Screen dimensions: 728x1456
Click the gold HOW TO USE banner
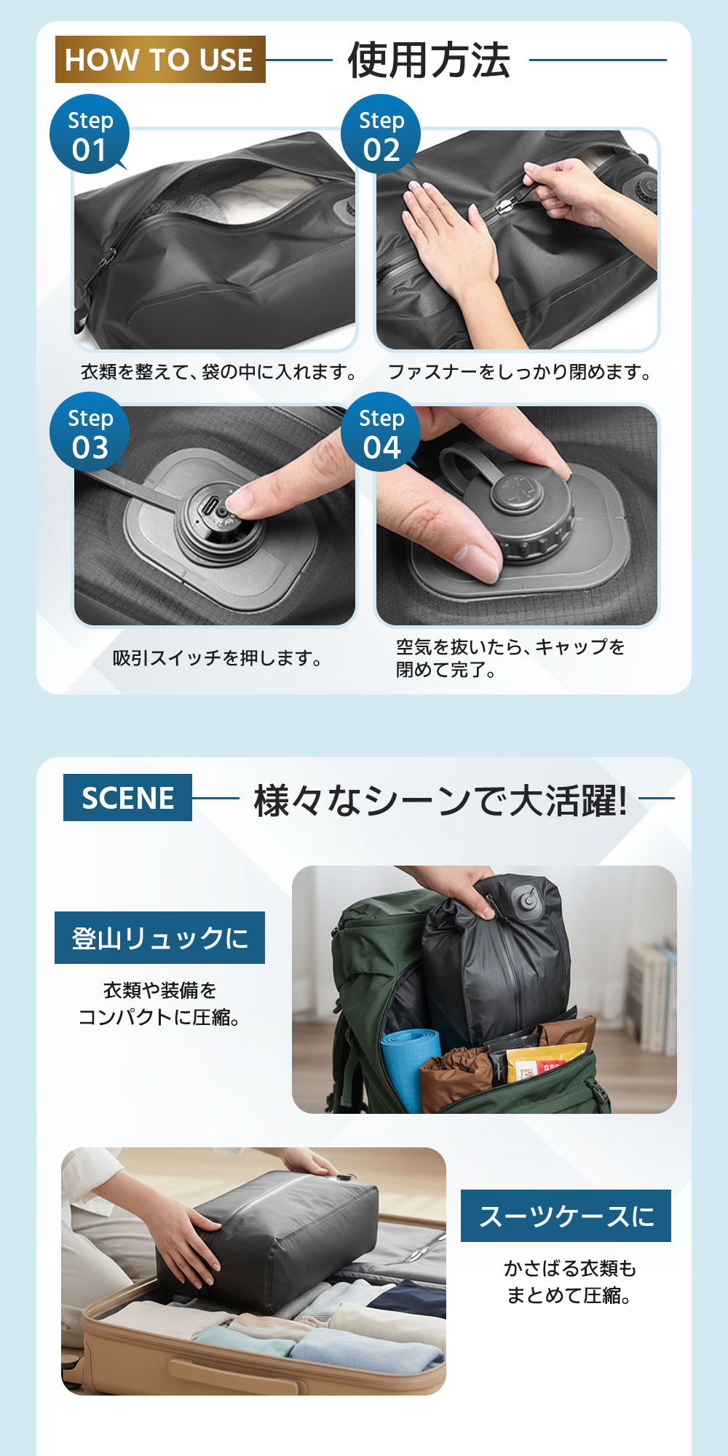click(x=160, y=60)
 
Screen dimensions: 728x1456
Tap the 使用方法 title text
click(x=429, y=60)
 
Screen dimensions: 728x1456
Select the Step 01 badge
click(x=90, y=135)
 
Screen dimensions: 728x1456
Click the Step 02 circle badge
click(x=381, y=135)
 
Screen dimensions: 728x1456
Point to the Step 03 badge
click(x=90, y=432)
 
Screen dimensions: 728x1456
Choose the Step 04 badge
click(x=381, y=432)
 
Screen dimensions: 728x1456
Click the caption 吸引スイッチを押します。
click(x=218, y=659)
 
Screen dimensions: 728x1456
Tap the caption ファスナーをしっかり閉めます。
click(x=520, y=373)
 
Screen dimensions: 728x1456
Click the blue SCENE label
click(x=127, y=798)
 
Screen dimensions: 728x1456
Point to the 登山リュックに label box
click(x=159, y=938)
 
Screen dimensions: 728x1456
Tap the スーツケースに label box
click(x=566, y=1216)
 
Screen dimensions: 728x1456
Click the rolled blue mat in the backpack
click(x=410, y=1067)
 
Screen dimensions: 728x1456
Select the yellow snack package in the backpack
click(x=542, y=1063)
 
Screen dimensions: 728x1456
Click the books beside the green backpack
click(x=650, y=997)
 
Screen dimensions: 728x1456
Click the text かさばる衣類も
click(x=570, y=1269)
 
